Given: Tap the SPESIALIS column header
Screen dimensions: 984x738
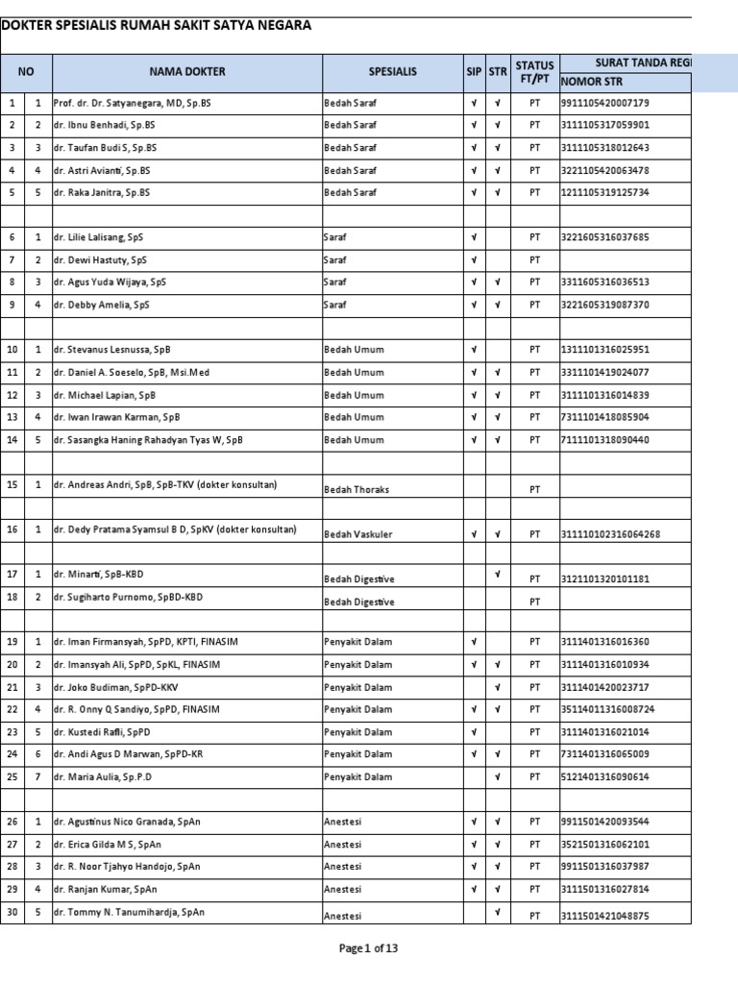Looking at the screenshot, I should (392, 72).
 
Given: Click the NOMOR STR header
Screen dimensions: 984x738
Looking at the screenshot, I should (594, 82).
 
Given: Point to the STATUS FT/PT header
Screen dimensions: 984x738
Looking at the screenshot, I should (534, 72).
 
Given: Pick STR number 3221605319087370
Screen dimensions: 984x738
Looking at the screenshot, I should (605, 305).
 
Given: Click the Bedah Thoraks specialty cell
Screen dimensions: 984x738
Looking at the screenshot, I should (357, 489).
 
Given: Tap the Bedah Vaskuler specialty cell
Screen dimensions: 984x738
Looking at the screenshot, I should (358, 534).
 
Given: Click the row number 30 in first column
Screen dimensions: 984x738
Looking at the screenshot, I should (12, 913).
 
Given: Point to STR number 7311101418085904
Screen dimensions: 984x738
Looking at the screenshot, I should (605, 418).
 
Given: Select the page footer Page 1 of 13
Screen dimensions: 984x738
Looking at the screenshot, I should (368, 948).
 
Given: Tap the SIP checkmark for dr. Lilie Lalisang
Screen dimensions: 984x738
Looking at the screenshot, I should (474, 237).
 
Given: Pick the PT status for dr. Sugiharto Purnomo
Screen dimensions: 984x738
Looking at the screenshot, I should (534, 603).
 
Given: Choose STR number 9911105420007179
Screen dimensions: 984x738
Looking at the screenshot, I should (605, 103).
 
